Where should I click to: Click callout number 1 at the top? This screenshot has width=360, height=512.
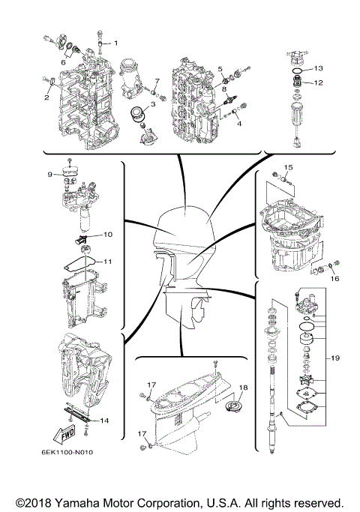tap(115, 33)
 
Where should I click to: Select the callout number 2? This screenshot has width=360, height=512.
tap(46, 97)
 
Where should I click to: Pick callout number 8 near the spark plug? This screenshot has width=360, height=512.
tap(223, 88)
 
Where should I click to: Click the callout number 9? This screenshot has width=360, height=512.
tap(49, 175)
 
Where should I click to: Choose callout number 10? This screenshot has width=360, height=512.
tap(107, 235)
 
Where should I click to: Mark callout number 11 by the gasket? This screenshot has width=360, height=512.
tap(107, 262)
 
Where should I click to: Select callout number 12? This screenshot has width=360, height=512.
tap(318, 82)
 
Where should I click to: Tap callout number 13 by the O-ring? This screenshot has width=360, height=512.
tap(318, 67)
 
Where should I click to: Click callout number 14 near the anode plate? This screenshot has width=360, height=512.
tap(104, 421)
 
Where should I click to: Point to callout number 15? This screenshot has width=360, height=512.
tap(287, 166)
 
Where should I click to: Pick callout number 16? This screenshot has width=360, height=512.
tap(335, 277)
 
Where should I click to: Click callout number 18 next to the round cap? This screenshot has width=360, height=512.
tap(242, 388)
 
